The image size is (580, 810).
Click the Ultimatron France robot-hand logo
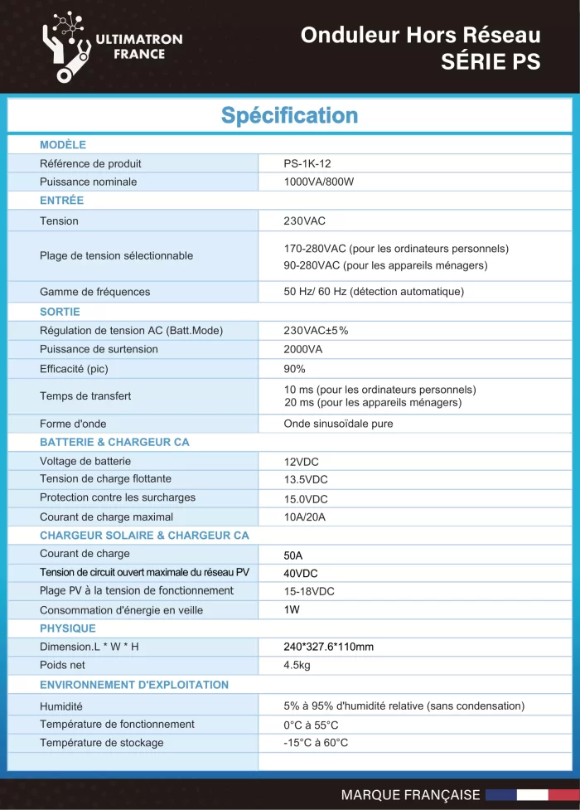tap(71, 46)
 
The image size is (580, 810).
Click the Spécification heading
tap(289, 115)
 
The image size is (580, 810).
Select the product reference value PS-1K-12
tap(307, 163)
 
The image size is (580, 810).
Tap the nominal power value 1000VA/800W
tap(318, 182)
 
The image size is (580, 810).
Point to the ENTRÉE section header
tap(61, 201)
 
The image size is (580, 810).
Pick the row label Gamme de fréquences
tap(95, 292)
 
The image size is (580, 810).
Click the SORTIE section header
tap(60, 312)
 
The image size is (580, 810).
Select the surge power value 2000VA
tap(302, 349)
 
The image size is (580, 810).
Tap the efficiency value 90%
tap(295, 369)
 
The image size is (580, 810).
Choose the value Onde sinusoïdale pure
tap(338, 424)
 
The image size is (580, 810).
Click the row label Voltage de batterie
tap(85, 461)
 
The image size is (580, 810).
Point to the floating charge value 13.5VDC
tap(306, 479)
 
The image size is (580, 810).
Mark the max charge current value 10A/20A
tap(305, 517)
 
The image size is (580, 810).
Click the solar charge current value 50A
tap(293, 555)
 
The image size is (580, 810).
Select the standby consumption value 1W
tap(292, 609)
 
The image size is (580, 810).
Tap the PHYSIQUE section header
tap(68, 628)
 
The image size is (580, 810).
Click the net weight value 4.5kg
tap(297, 666)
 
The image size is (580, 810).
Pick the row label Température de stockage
tap(102, 743)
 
